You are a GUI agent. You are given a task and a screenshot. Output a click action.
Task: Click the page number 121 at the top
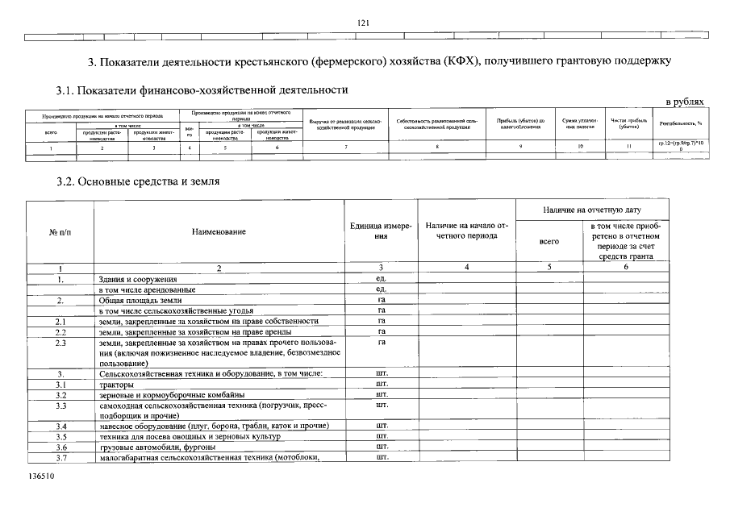coord(363,23)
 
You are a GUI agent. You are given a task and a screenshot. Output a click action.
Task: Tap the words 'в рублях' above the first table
coord(684,102)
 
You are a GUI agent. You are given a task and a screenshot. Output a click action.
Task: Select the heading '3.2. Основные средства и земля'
coord(138,182)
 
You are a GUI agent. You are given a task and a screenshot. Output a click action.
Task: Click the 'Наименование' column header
coord(219,232)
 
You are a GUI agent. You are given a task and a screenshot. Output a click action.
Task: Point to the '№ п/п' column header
coord(60,232)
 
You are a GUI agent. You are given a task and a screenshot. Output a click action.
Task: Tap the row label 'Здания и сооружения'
coord(137,279)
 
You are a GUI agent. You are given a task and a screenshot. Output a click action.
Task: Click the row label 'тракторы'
coord(117,384)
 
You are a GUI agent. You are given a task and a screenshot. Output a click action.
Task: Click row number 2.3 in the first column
coord(60,342)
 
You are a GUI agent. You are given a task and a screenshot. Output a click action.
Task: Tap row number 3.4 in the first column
coord(60,426)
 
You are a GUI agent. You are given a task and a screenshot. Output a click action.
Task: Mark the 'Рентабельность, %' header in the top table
coord(682,123)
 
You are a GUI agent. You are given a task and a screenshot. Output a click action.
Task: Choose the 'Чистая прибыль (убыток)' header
coord(629,123)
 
